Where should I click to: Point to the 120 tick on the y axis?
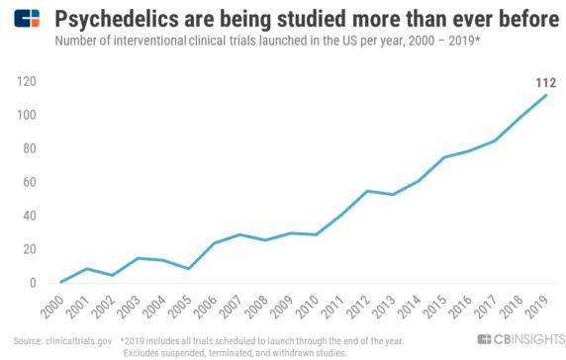26,81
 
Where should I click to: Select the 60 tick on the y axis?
29,182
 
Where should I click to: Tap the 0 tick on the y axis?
32,283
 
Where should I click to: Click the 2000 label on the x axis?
52,306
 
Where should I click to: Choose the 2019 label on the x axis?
534,306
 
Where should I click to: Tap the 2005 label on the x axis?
138,306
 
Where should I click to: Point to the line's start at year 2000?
61,282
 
